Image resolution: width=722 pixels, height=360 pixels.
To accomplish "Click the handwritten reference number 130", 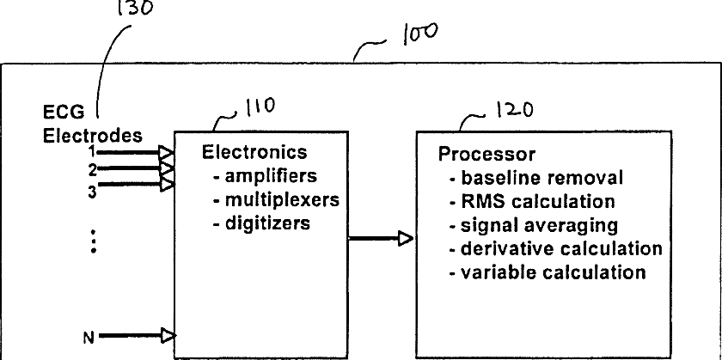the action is click(135, 8).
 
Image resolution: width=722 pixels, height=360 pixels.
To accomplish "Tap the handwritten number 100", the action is click(420, 34).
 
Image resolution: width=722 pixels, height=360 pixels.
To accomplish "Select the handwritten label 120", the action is click(514, 110).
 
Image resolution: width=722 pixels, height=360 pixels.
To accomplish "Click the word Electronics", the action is click(254, 152).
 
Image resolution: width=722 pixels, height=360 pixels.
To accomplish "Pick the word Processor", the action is click(486, 154).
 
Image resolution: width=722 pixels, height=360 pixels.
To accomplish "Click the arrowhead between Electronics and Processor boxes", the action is click(406, 239).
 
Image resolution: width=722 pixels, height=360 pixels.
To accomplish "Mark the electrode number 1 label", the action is click(93, 151).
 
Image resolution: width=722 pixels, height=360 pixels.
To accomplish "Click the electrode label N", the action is click(89, 339).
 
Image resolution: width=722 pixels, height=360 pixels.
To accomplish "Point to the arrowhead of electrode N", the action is click(168, 336).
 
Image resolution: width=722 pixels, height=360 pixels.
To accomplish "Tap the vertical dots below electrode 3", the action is click(94, 241).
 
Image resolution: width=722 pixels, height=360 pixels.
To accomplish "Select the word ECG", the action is click(58, 113).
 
